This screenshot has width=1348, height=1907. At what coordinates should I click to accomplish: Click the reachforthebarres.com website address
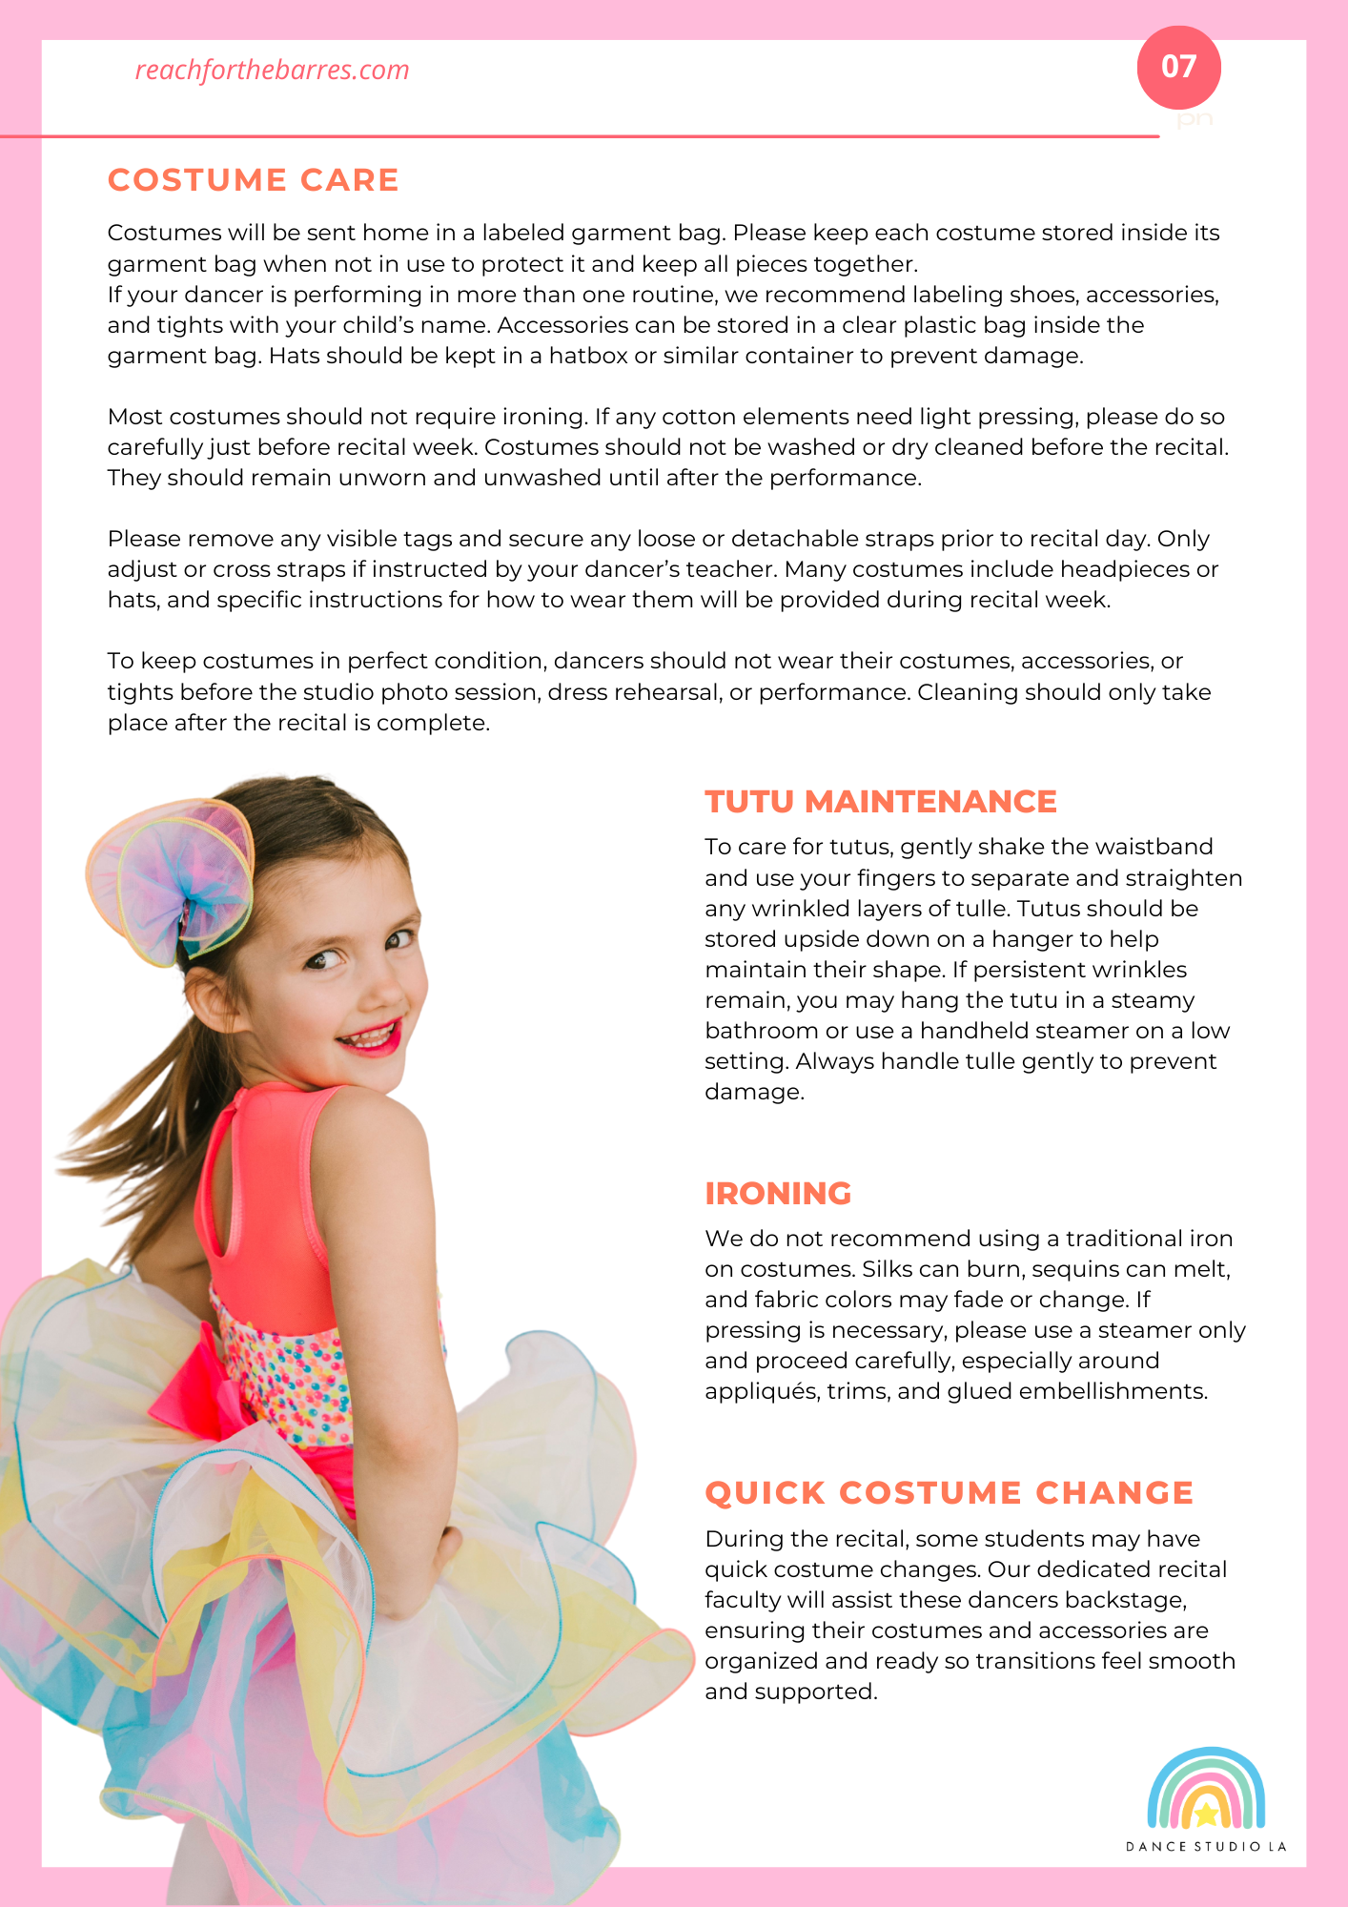(x=272, y=70)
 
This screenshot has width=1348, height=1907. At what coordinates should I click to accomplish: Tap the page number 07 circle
(x=1178, y=67)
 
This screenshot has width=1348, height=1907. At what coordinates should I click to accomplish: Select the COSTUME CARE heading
(x=253, y=179)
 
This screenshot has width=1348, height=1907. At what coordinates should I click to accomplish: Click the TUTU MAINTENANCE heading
(x=880, y=801)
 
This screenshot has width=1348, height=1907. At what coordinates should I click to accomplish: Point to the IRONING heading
(x=778, y=1193)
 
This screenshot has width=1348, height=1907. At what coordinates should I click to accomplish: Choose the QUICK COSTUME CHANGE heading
(x=949, y=1492)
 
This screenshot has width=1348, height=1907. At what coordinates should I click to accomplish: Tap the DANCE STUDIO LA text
(x=1206, y=1847)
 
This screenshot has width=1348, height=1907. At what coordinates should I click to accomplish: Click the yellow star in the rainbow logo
(x=1206, y=1813)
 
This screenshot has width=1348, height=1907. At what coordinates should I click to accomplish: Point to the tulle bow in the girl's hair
(x=172, y=877)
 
